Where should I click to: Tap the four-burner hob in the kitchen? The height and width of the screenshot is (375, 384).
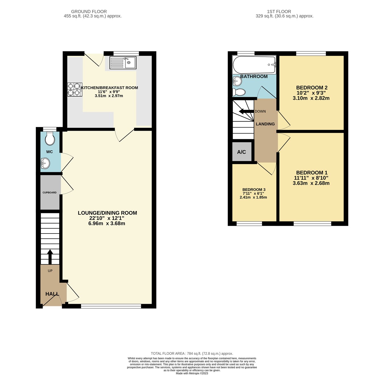[75, 89]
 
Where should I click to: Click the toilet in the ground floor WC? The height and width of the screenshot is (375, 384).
[50, 139]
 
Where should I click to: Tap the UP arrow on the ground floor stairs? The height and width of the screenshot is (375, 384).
[50, 257]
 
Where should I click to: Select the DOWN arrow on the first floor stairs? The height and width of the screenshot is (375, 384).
[246, 111]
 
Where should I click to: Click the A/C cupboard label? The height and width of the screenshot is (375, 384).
[241, 152]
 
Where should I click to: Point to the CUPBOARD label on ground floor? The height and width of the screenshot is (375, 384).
[49, 192]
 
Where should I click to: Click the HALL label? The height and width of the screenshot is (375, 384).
[52, 294]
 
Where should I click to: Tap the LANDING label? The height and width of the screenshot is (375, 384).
[265, 124]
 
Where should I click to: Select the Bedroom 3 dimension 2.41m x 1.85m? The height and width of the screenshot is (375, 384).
[253, 197]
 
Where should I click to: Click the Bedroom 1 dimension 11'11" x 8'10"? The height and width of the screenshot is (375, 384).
[311, 178]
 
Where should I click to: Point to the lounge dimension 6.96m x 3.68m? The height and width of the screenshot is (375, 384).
[107, 224]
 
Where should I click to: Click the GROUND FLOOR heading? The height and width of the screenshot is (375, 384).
[89, 12]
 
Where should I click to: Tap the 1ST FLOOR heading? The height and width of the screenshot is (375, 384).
[279, 12]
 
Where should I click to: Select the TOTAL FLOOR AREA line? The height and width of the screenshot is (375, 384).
[192, 353]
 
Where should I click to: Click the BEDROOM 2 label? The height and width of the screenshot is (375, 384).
[310, 88]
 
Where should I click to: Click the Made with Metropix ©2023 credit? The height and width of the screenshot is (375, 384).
[192, 373]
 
